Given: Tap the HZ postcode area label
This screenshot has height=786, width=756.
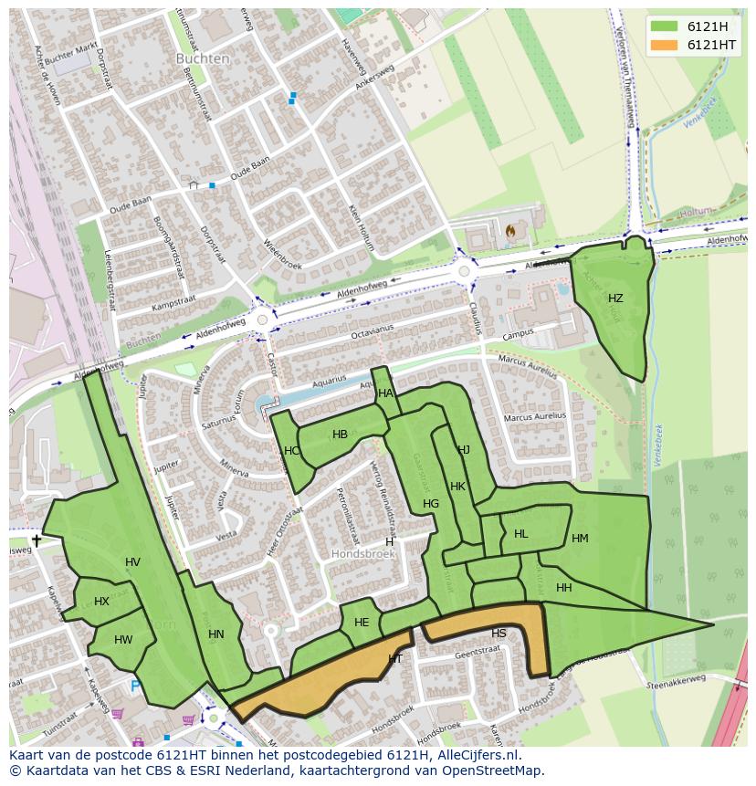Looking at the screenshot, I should pyautogui.click(x=615, y=299).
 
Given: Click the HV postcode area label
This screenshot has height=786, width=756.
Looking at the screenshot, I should pyautogui.click(x=133, y=562).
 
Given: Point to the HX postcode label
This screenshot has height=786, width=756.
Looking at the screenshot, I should pyautogui.click(x=101, y=602).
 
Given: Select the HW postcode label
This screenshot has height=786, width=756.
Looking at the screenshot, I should pyautogui.click(x=123, y=640).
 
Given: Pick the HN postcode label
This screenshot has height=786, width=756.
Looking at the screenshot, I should pyautogui.click(x=216, y=634).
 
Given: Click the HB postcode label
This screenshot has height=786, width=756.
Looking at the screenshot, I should pyautogui.click(x=340, y=435).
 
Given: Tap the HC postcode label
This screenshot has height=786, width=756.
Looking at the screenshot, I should pyautogui.click(x=291, y=451).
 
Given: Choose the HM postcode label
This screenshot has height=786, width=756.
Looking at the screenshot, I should pyautogui.click(x=580, y=539).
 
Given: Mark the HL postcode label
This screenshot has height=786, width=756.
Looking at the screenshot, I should pyautogui.click(x=520, y=534).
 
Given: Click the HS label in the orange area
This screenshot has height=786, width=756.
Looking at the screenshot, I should pyautogui.click(x=499, y=633).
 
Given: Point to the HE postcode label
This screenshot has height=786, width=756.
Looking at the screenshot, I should pyautogui.click(x=362, y=623).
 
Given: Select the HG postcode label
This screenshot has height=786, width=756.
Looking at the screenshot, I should pyautogui.click(x=431, y=504).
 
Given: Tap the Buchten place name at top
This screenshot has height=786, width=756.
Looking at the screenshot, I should pyautogui.click(x=203, y=58).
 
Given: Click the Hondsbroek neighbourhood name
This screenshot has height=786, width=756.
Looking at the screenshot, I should pyautogui.click(x=363, y=554).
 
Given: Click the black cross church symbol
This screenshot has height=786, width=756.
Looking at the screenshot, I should pyautogui.click(x=37, y=540).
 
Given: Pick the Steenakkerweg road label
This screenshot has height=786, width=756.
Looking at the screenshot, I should pyautogui.click(x=676, y=681).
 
